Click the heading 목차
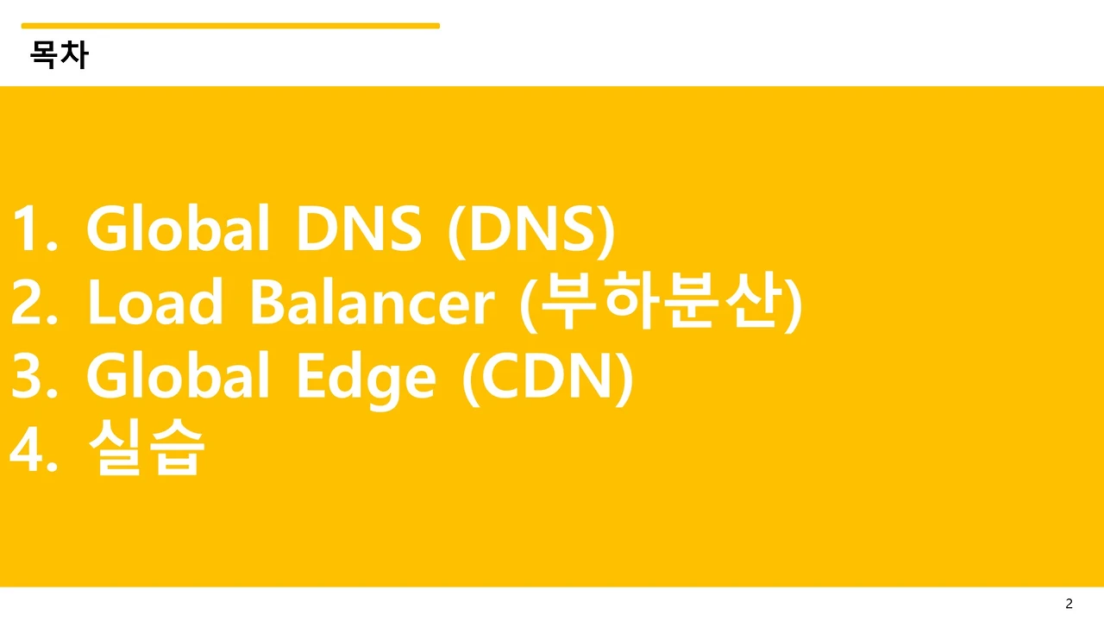[60, 54]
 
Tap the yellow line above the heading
[230, 26]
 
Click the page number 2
[1069, 603]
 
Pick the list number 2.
[34, 302]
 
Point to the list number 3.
[34, 376]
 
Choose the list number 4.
[34, 449]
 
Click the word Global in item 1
[178, 228]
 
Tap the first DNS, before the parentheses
[358, 229]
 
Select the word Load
[154, 301]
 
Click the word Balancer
[373, 301]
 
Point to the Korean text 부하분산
[661, 301]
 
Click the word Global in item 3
[178, 374]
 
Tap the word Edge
[366, 379]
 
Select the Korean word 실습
[147, 447]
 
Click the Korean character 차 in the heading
[75, 54]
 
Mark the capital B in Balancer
[267, 302]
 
